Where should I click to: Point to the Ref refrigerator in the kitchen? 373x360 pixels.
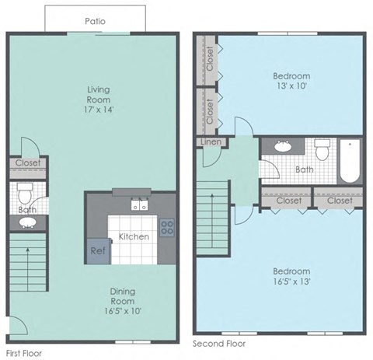[x=98, y=250]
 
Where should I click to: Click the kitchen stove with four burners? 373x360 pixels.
[x=166, y=227]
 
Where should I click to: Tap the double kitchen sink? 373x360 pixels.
[x=140, y=206]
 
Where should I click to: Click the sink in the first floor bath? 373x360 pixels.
[x=28, y=224]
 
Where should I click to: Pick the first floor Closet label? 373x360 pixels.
[x=28, y=163]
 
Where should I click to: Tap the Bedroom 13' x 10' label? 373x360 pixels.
[x=291, y=81]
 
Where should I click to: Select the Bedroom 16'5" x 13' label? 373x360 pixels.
[x=291, y=276]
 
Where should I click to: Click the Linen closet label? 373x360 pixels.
[x=211, y=142]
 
